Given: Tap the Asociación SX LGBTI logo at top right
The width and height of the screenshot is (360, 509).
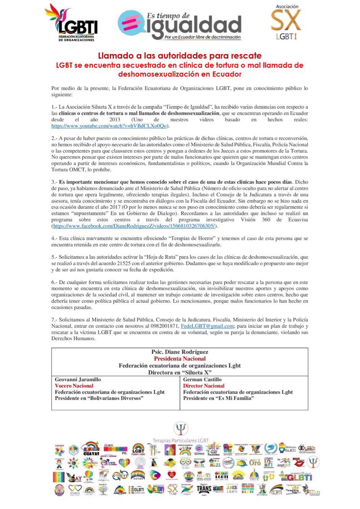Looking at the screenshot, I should pyautogui.click(x=286, y=22).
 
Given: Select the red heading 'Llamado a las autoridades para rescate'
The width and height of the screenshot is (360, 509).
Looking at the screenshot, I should pyautogui.click(x=180, y=56).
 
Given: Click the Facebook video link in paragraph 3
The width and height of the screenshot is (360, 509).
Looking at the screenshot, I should pyautogui.click(x=135, y=226).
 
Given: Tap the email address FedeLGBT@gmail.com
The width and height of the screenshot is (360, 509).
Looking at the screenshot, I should pyautogui.click(x=207, y=326).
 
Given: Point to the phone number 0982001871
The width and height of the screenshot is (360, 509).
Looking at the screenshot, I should pyautogui.click(x=166, y=326).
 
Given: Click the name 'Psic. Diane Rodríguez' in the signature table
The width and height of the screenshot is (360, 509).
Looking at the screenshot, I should pyautogui.click(x=180, y=352).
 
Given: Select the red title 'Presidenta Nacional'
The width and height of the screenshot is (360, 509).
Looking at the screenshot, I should pyautogui.click(x=180, y=358).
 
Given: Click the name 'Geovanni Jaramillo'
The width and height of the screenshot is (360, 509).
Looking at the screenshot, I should pyautogui.click(x=78, y=380).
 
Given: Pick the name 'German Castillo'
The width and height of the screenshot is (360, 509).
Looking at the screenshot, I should pyautogui.click(x=202, y=380).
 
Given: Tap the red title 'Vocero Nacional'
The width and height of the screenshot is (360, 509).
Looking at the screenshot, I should pyautogui.click(x=74, y=386).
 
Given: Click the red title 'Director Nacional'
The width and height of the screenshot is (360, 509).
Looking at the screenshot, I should pyautogui.click(x=204, y=386).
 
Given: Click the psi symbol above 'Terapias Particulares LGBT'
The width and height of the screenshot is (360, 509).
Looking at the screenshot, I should pyautogui.click(x=179, y=428).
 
